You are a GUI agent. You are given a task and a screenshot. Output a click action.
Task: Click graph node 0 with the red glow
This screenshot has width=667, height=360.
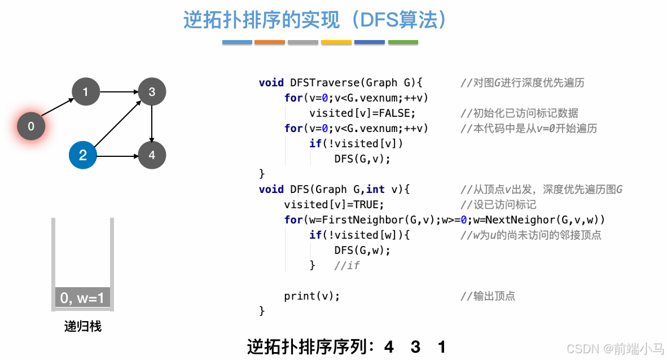pyautogui.click(x=31, y=126)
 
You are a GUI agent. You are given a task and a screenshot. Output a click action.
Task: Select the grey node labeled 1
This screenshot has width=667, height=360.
pyautogui.click(x=86, y=91)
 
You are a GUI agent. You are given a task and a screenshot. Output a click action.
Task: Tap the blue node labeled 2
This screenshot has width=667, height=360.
pyautogui.click(x=83, y=155)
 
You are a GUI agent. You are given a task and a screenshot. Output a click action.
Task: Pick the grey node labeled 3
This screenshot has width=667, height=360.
pyautogui.click(x=152, y=91)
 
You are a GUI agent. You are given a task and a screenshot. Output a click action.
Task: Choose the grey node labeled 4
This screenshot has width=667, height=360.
pyautogui.click(x=152, y=155)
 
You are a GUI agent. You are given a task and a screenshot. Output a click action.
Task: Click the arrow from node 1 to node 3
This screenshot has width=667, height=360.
pyautogui.click(x=119, y=91)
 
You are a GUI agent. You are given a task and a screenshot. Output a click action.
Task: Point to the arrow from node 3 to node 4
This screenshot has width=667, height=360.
pyautogui.click(x=152, y=123)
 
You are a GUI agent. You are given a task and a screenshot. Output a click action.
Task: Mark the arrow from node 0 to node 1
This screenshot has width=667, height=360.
pyautogui.click(x=58, y=109)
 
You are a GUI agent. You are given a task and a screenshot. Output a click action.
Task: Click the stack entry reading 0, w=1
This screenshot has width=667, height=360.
pyautogui.click(x=82, y=297)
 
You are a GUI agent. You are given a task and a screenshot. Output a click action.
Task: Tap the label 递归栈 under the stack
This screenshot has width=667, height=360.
pyautogui.click(x=83, y=326)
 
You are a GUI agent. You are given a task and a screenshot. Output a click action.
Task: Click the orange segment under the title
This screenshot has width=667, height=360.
pyautogui.click(x=270, y=42)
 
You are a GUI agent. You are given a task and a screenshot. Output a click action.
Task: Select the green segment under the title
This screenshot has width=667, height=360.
pyautogui.click(x=403, y=42)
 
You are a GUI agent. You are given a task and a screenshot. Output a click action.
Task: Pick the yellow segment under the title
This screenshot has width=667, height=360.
pyautogui.click(x=336, y=42)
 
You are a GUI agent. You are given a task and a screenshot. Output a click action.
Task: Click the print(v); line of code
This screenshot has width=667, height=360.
pyautogui.click(x=312, y=296)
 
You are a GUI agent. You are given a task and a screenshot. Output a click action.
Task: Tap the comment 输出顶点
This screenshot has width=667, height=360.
pyautogui.click(x=488, y=296)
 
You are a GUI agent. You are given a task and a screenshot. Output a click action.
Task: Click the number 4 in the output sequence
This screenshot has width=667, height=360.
pyautogui.click(x=389, y=346)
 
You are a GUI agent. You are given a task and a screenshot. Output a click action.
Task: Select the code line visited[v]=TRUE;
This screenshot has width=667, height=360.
pyautogui.click(x=334, y=204)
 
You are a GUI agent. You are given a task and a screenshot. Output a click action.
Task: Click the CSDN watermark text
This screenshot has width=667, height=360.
pyautogui.click(x=615, y=348)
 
